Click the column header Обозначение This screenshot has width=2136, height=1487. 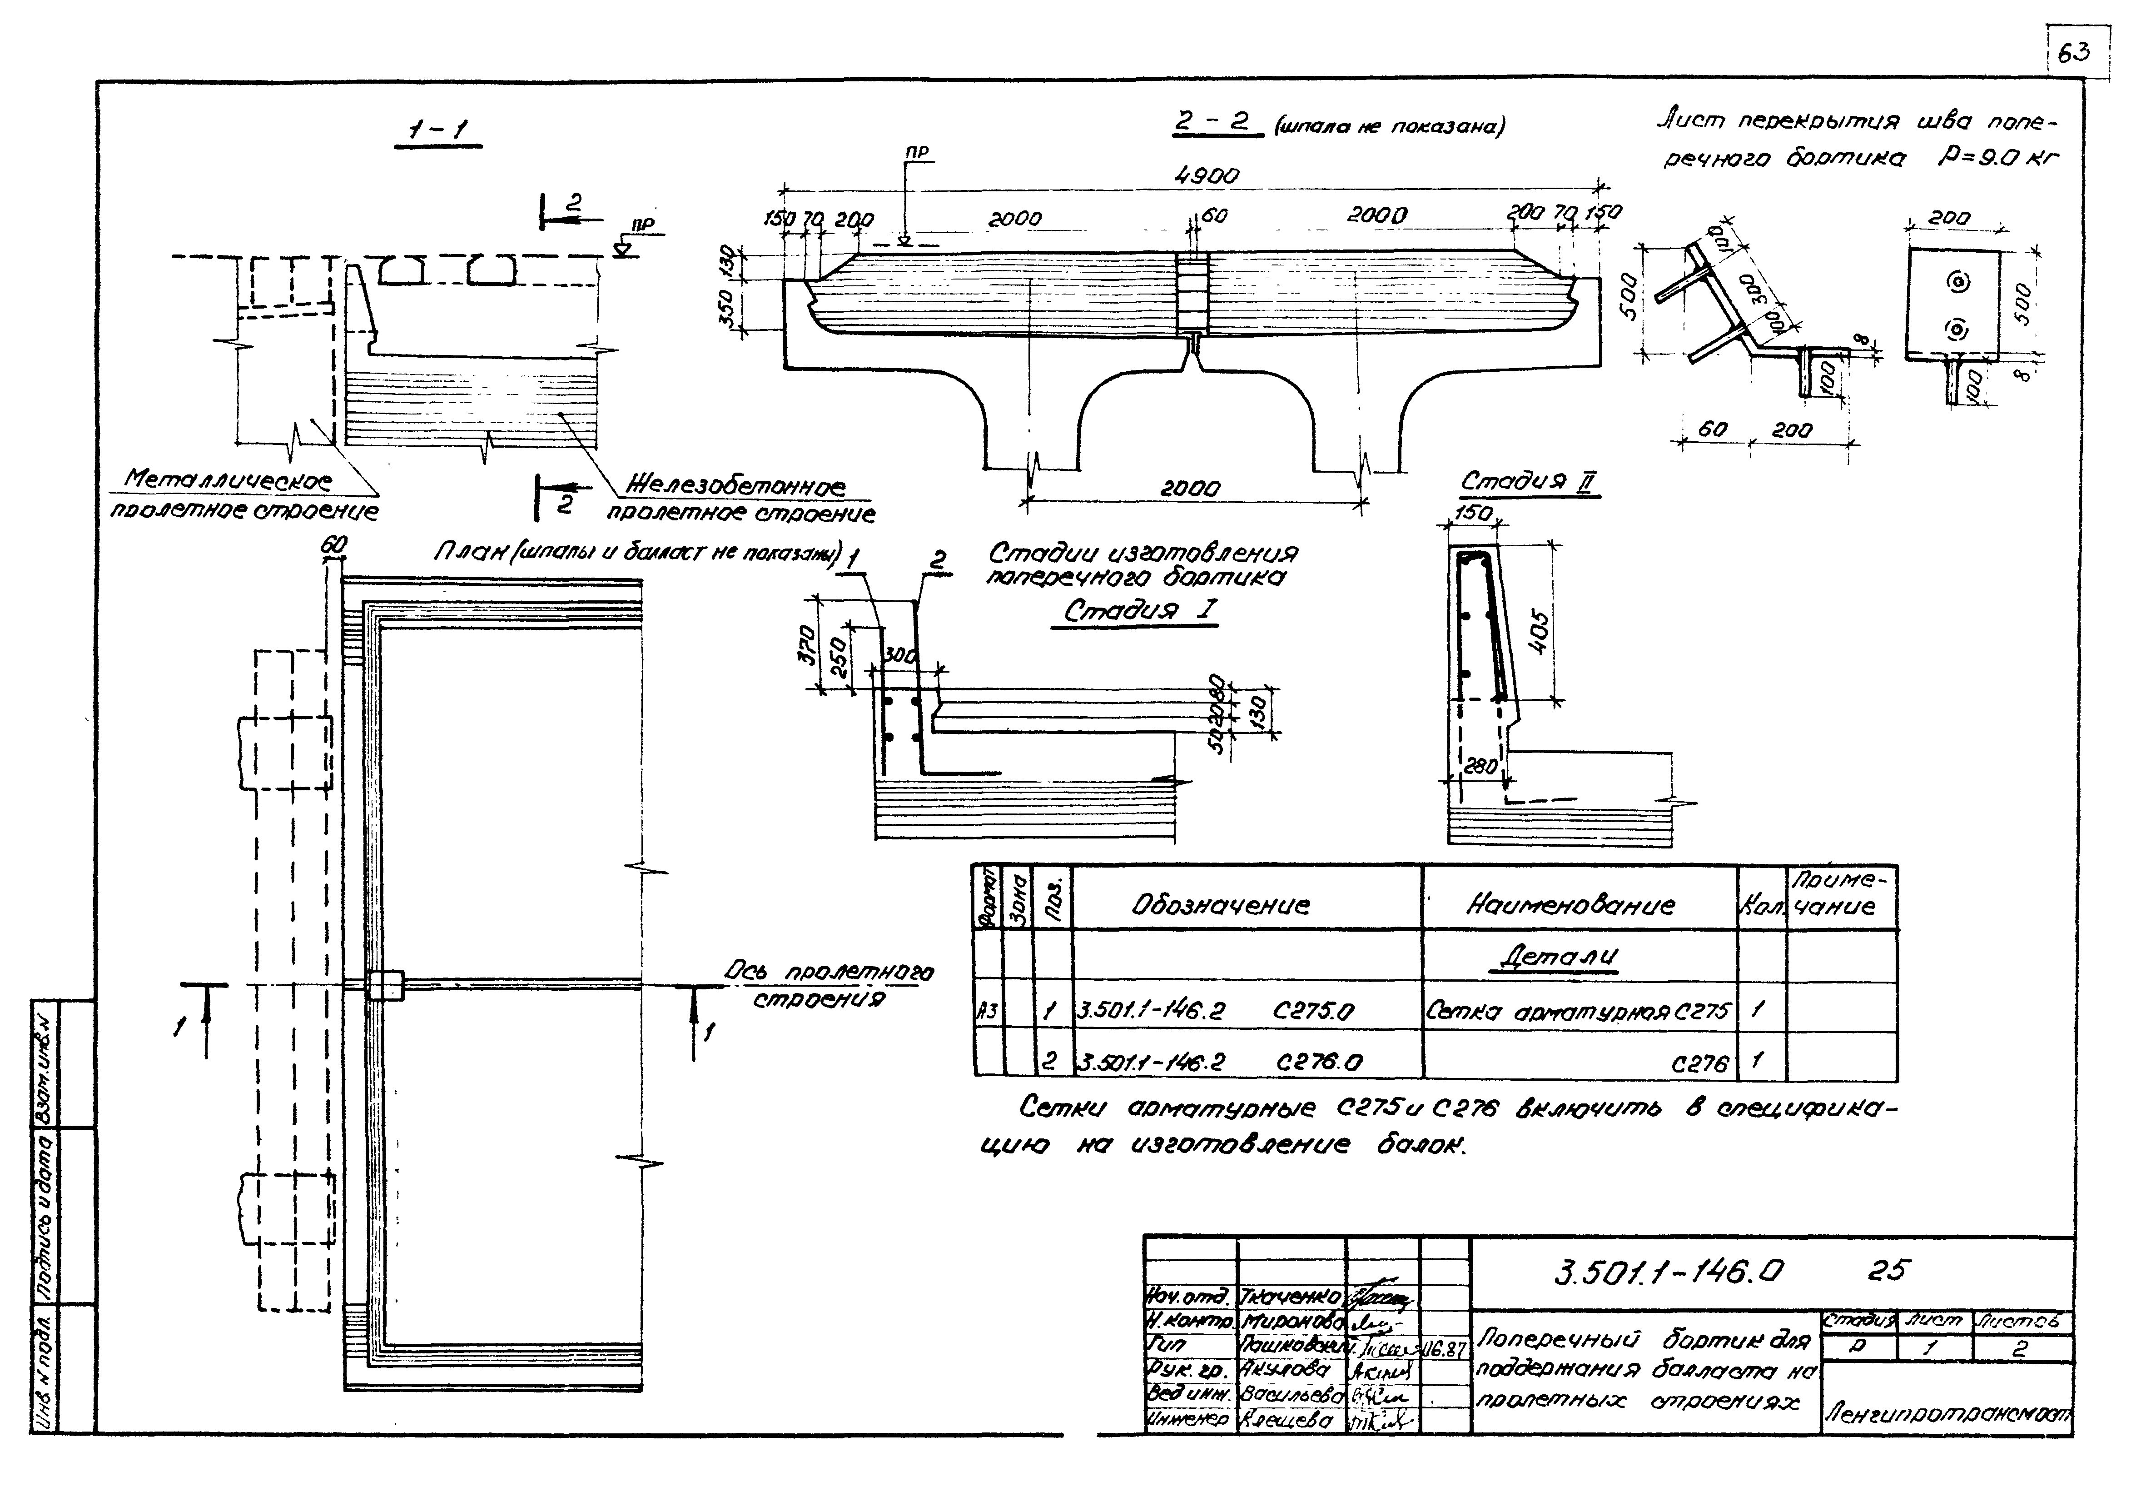[x=1221, y=904]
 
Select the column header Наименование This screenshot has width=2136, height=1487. [x=1570, y=904]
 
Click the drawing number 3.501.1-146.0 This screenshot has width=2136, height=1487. [x=1670, y=1271]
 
